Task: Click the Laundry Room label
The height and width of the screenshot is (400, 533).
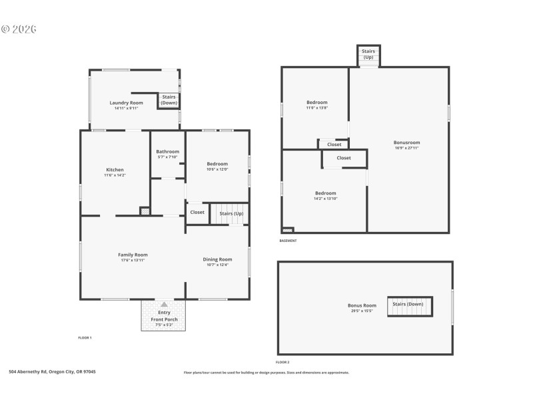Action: click(x=127, y=103)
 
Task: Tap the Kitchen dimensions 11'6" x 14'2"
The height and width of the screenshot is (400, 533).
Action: click(x=115, y=175)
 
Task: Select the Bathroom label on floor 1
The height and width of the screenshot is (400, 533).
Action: click(x=168, y=151)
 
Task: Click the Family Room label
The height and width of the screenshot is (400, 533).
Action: click(x=133, y=255)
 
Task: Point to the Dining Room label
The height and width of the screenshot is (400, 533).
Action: click(x=217, y=259)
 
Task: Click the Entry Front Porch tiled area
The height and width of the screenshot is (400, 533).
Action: click(x=164, y=315)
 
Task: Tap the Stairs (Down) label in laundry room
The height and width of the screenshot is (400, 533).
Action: click(x=169, y=100)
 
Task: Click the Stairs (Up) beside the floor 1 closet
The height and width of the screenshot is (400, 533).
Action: click(x=231, y=213)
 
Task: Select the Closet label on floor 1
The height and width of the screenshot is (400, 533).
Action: click(x=197, y=213)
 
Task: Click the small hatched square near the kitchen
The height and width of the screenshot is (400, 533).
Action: click(x=145, y=211)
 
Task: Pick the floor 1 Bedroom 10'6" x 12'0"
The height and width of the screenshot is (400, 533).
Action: click(x=217, y=164)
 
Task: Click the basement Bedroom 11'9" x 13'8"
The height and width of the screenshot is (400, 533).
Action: click(x=317, y=103)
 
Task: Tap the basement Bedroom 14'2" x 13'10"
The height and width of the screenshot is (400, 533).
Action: click(x=325, y=193)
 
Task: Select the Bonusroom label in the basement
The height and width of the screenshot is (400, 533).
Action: click(x=406, y=142)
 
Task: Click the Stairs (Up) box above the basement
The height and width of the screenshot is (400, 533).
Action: click(x=368, y=53)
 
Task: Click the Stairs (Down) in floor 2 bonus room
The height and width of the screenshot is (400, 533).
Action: click(x=408, y=304)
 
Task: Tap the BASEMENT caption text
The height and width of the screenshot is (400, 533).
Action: click(x=288, y=241)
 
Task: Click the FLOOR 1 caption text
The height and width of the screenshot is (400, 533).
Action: click(x=85, y=338)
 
